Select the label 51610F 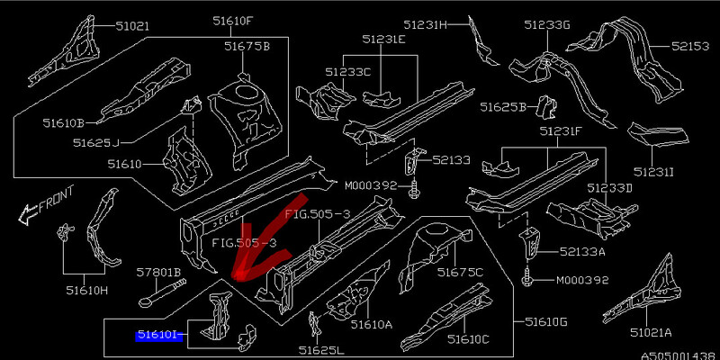(x=233, y=21)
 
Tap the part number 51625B (x=503, y=107)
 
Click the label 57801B (x=159, y=271)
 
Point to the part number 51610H (x=85, y=290)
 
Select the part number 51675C (x=460, y=272)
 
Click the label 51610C (x=466, y=338)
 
